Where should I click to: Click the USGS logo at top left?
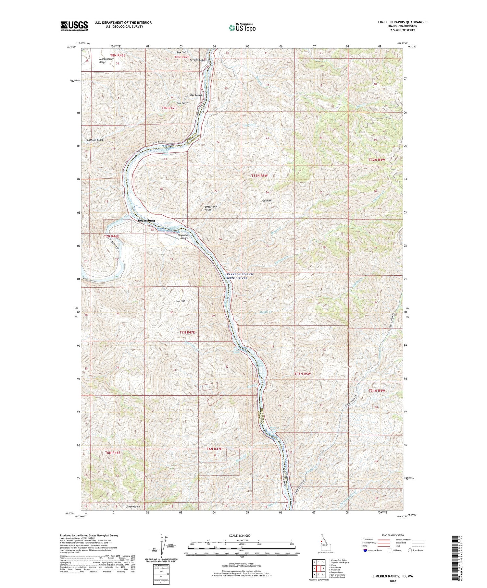pos(74,26)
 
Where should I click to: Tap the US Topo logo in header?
pos(242,28)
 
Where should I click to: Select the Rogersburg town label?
pos(146,221)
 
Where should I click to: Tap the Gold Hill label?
pos(267,201)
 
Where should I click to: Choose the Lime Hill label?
pos(180,301)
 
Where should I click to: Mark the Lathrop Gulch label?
pos(95,140)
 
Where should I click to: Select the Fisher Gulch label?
pos(194,95)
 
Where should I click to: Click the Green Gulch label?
pos(132,506)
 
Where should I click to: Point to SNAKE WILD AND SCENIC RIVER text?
pos(240,276)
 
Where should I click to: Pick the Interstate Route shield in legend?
pos(365,550)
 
